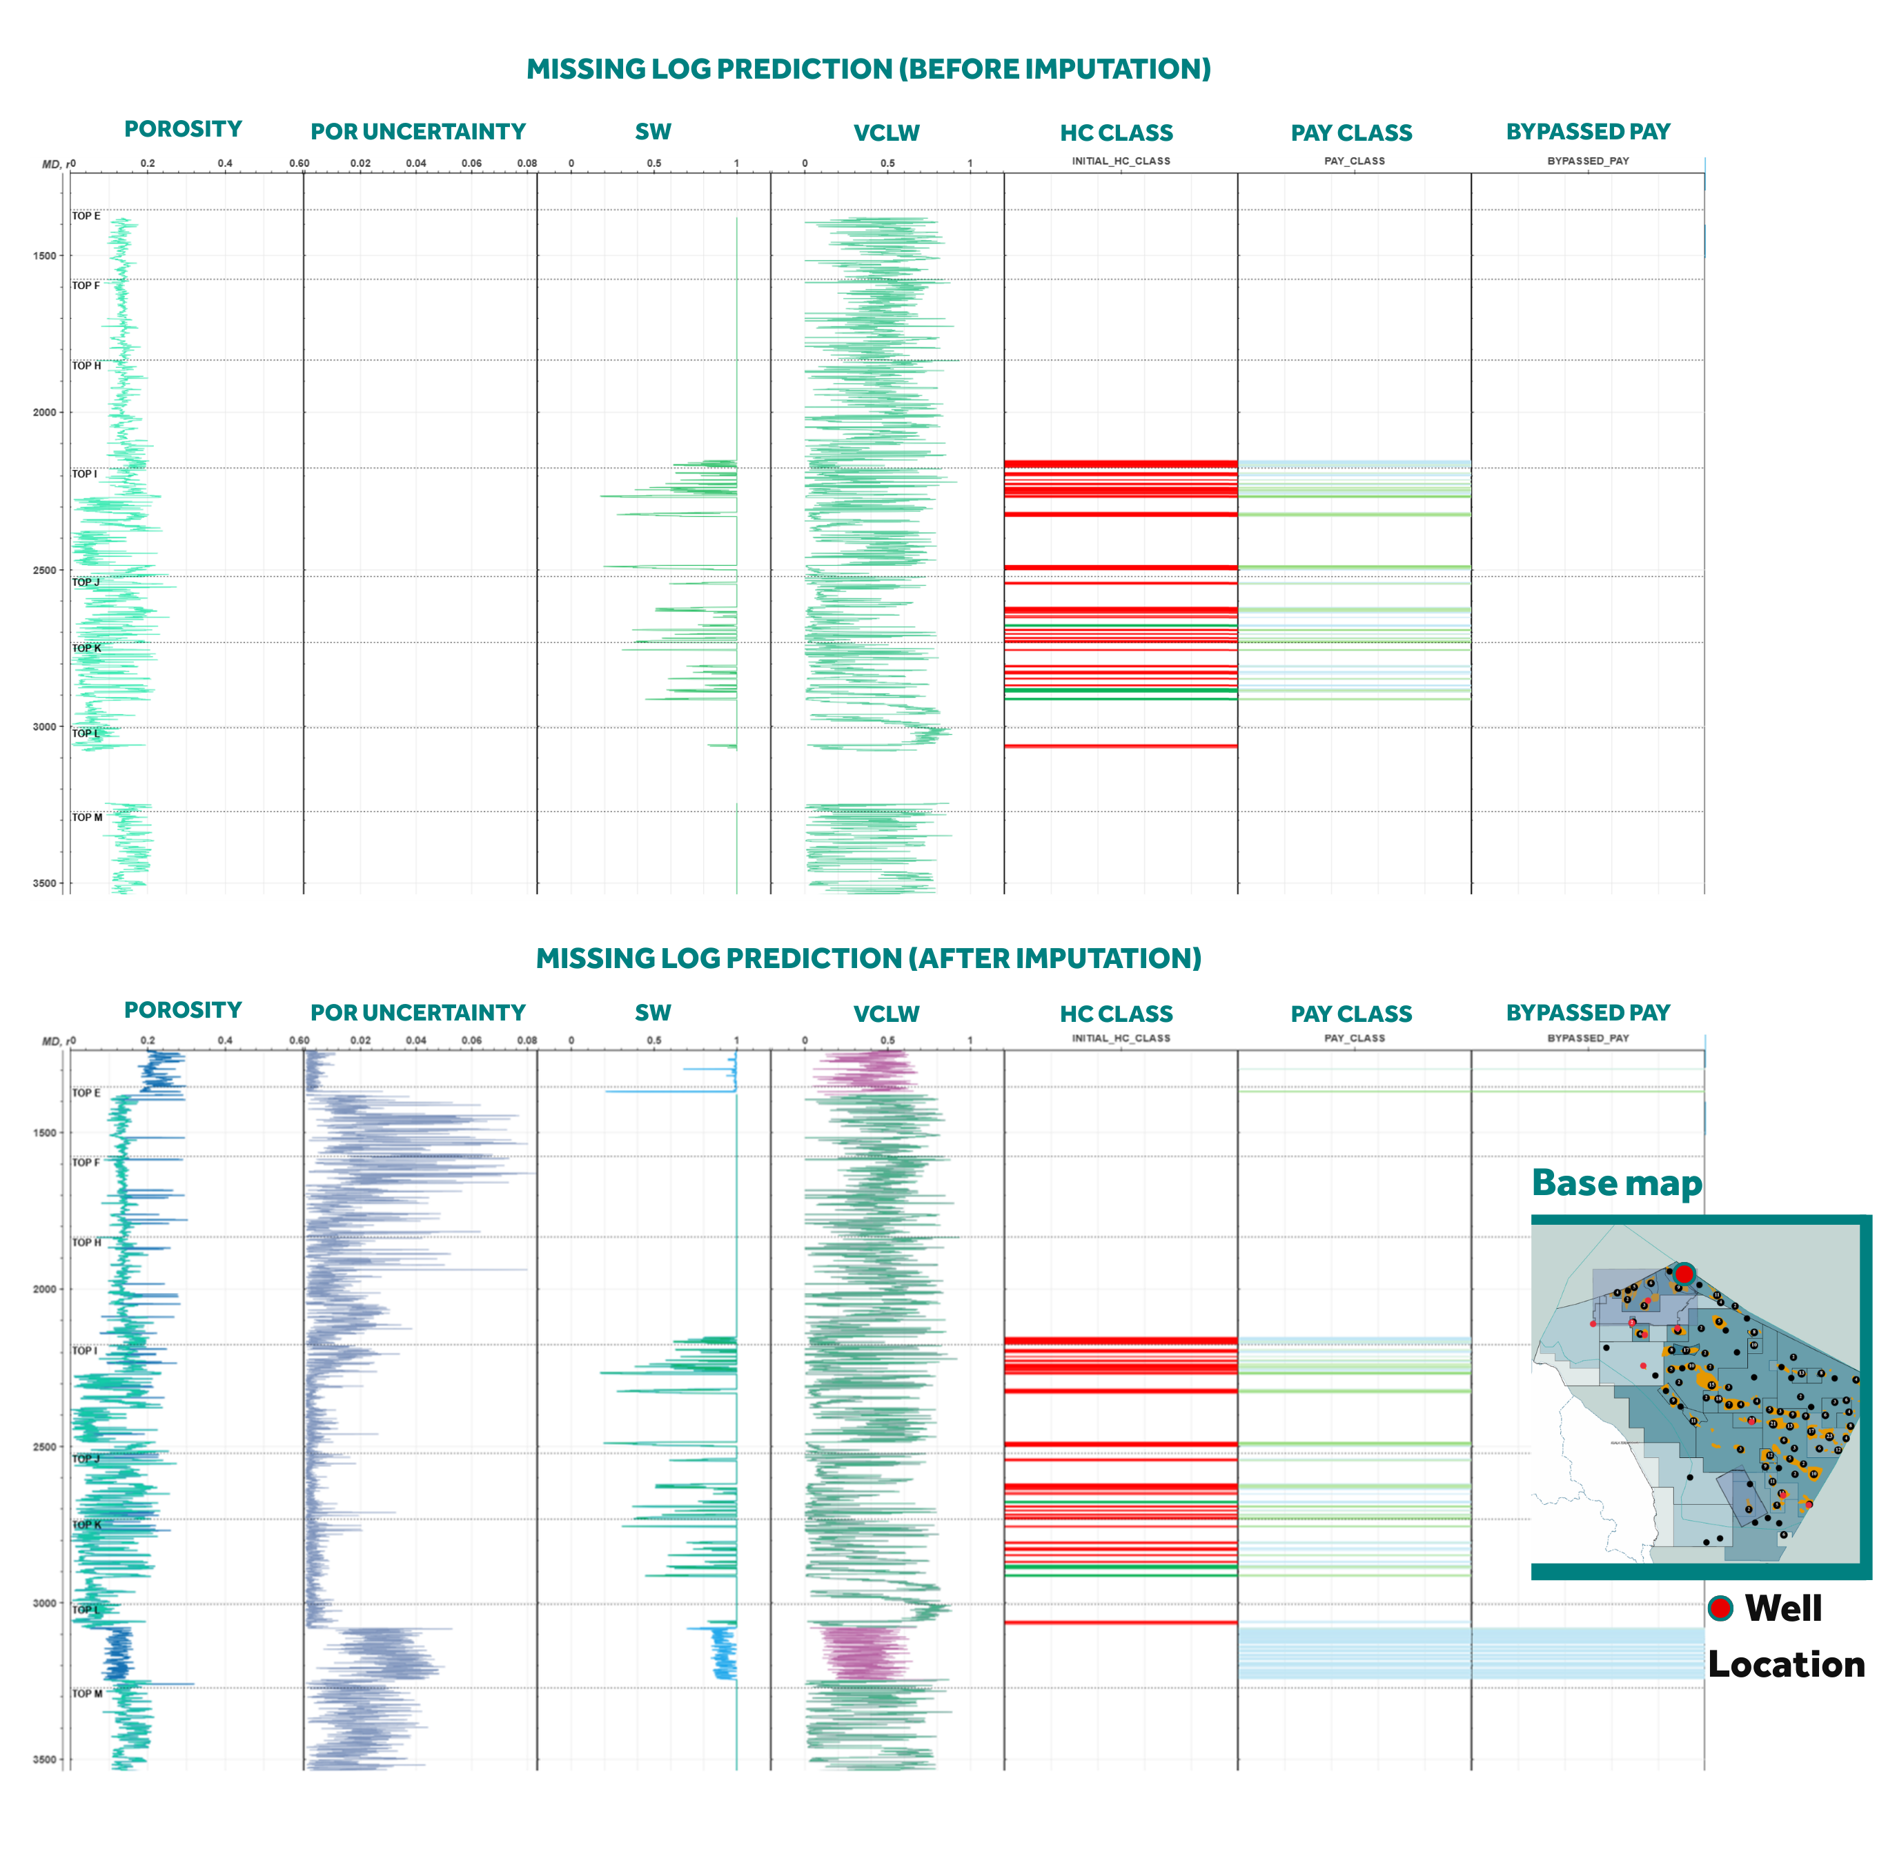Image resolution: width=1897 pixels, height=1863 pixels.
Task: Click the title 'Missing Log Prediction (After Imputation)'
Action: (868, 958)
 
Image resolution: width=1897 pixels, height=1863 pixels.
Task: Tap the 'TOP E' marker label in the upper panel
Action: (86, 216)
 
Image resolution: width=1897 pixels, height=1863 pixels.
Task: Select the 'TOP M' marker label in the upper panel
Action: (87, 817)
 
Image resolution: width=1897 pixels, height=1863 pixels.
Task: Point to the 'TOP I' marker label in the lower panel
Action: (84, 1350)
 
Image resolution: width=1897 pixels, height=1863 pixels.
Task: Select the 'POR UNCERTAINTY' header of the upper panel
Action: (417, 132)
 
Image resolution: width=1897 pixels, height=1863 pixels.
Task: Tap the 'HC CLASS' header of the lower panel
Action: (1117, 1014)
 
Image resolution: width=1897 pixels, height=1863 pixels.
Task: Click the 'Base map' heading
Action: (1616, 1183)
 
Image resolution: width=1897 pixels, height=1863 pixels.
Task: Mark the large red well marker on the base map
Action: (1684, 1274)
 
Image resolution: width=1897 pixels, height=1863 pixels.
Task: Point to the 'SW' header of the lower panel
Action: (653, 1014)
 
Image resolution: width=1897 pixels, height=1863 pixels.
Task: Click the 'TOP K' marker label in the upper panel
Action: (86, 648)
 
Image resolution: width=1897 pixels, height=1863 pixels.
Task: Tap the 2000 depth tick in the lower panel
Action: (45, 1289)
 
